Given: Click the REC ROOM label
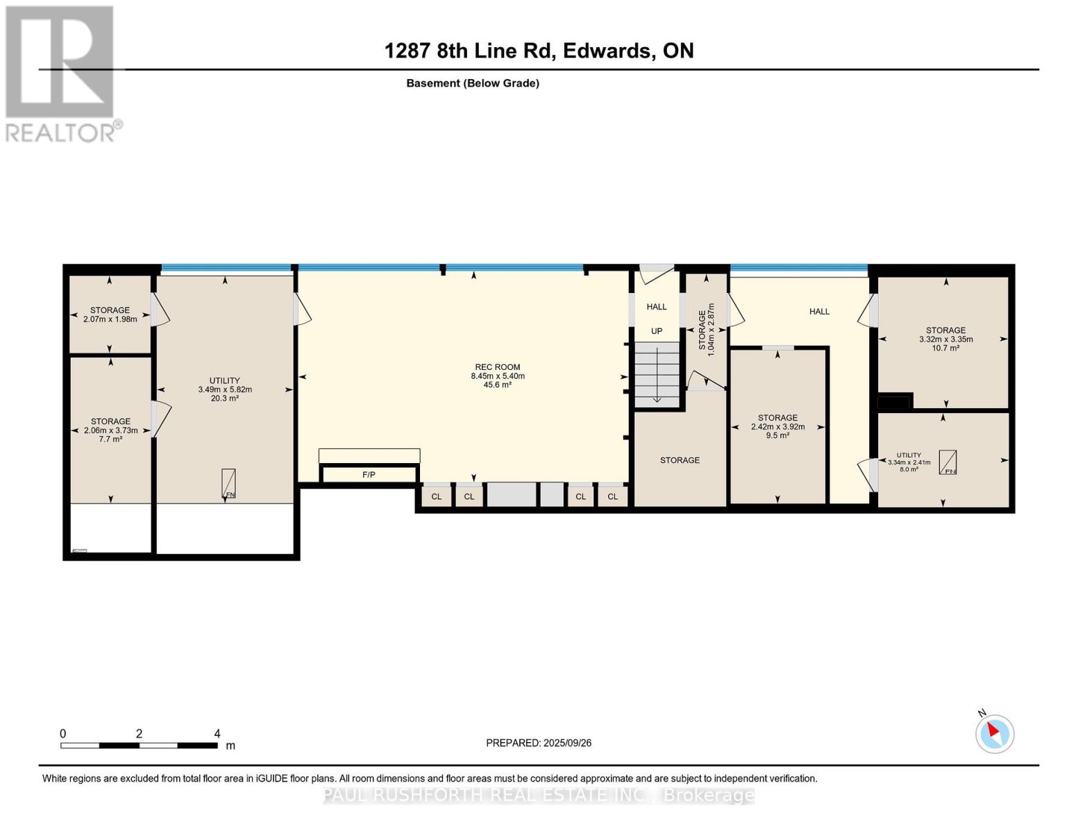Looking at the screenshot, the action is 498,367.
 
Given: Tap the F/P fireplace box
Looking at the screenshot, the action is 369,474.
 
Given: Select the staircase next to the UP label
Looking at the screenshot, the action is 657,375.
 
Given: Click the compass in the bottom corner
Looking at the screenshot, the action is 994,734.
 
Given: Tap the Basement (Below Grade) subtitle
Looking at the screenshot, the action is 472,83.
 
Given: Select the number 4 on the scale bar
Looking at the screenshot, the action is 217,733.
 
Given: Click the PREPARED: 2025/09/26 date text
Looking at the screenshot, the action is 539,743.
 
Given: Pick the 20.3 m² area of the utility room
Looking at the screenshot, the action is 225,398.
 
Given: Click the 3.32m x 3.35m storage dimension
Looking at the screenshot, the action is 945,339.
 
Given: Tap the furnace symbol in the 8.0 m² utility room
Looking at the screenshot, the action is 948,462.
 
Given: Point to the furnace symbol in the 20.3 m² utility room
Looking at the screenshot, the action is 228,483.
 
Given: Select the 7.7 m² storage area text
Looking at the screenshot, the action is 110,439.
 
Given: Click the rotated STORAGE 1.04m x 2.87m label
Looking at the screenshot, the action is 707,330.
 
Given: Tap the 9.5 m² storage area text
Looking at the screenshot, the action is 777,436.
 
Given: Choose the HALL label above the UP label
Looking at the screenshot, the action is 657,307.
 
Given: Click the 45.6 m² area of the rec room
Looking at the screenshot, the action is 498,385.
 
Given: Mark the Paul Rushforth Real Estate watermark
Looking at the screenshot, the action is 539,796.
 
